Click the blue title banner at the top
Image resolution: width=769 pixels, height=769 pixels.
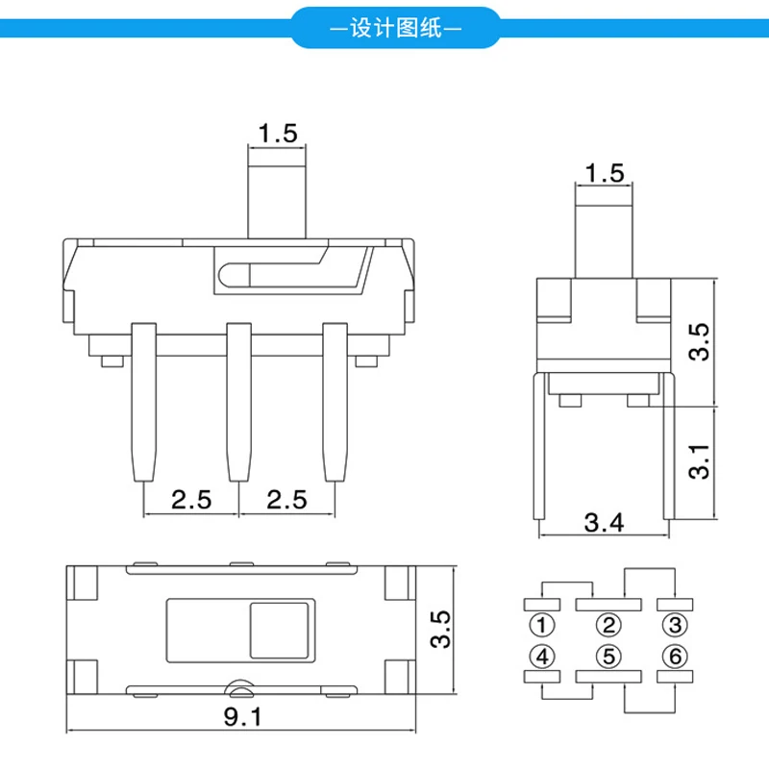[395, 29]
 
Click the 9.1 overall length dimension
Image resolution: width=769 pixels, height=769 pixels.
[243, 716]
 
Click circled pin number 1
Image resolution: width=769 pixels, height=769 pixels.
[543, 627]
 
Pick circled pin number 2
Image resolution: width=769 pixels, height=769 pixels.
[608, 627]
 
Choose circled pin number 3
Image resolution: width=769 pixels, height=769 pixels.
[676, 627]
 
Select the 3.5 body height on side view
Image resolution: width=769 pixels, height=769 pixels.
[701, 341]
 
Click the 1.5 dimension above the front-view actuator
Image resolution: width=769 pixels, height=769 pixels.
[277, 133]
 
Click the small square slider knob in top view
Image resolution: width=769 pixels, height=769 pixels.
[281, 631]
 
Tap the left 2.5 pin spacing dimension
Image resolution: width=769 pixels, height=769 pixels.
[190, 499]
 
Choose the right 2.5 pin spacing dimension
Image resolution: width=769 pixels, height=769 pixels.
[286, 499]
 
